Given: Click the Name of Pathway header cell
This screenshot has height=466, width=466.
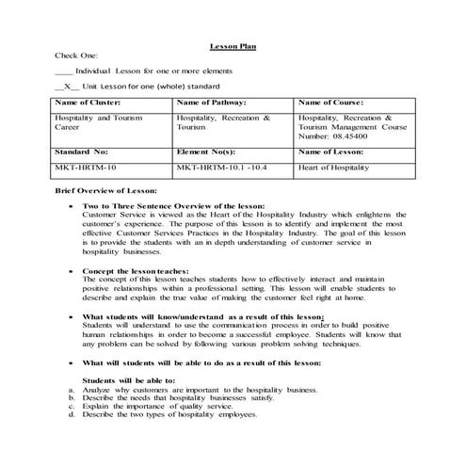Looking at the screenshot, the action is [211, 102].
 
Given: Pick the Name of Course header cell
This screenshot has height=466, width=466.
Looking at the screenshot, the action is [329, 102].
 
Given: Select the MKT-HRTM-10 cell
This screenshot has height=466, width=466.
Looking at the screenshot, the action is [85, 167].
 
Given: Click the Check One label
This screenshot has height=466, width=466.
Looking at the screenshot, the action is [76, 56].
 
